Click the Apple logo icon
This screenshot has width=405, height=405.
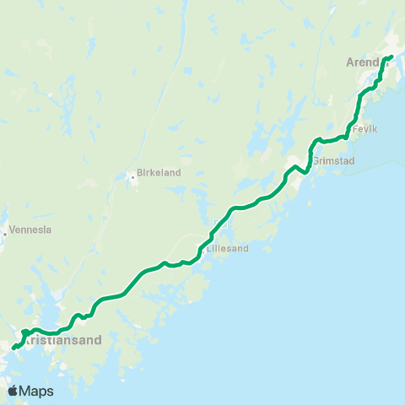point(13,391)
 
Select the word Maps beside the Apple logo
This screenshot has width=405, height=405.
point(36,391)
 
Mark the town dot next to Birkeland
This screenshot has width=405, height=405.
point(132,177)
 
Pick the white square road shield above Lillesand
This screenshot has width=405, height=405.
point(220,224)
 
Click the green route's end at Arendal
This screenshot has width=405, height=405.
point(391,57)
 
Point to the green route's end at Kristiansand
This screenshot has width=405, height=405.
point(13,346)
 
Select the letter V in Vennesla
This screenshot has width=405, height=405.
point(9,229)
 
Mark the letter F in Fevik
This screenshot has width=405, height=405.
point(355,129)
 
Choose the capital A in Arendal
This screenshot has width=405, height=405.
point(350,62)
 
